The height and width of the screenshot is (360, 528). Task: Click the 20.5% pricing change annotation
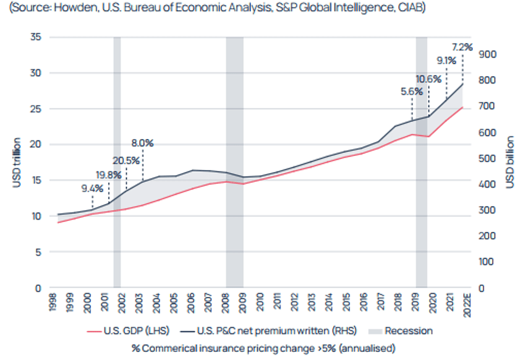coord(126,160)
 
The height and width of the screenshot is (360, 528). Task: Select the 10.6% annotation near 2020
coord(428,79)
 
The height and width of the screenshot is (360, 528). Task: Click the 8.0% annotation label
coord(142,143)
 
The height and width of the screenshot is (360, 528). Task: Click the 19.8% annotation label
coord(109,174)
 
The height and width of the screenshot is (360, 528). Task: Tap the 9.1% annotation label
coord(446,61)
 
